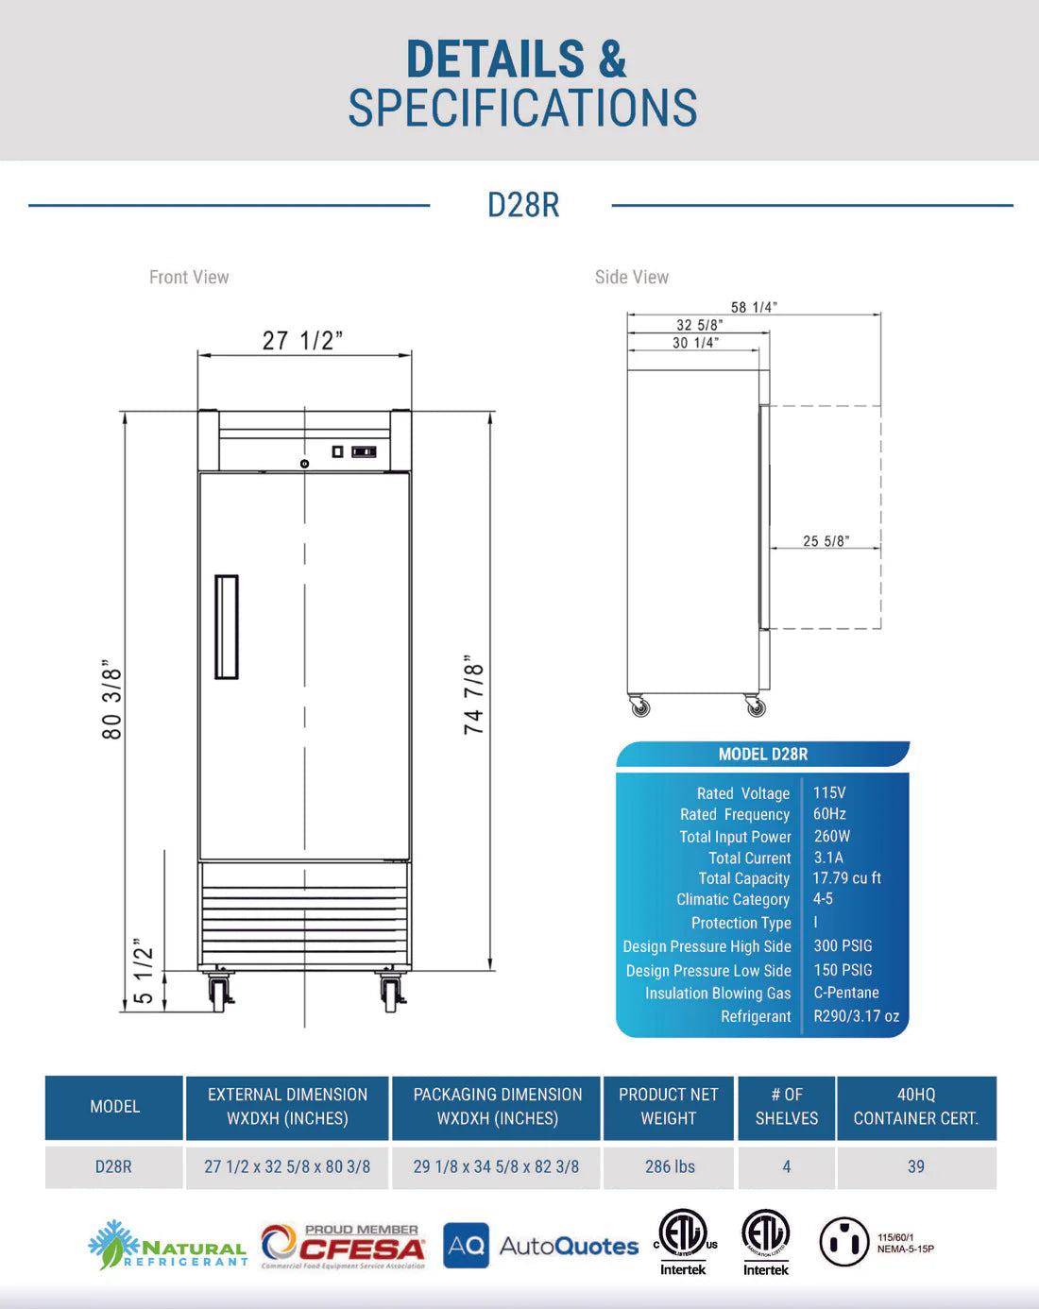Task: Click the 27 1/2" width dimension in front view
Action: click(302, 340)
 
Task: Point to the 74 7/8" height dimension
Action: click(473, 695)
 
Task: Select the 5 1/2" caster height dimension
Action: click(143, 972)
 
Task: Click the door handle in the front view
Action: click(226, 627)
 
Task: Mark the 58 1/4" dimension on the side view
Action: click(754, 307)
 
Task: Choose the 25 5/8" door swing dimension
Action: click(826, 541)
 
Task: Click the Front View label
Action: click(189, 277)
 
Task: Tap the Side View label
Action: click(631, 277)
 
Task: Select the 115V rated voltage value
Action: click(829, 792)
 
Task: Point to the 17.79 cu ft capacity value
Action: click(846, 878)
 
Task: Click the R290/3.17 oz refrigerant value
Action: click(856, 1016)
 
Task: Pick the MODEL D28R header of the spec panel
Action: click(762, 754)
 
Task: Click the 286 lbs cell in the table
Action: click(669, 1166)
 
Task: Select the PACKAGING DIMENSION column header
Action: click(497, 1106)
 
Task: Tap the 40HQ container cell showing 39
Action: click(915, 1166)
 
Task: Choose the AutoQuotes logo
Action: click(540, 1246)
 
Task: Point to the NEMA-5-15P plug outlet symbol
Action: click(843, 1241)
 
